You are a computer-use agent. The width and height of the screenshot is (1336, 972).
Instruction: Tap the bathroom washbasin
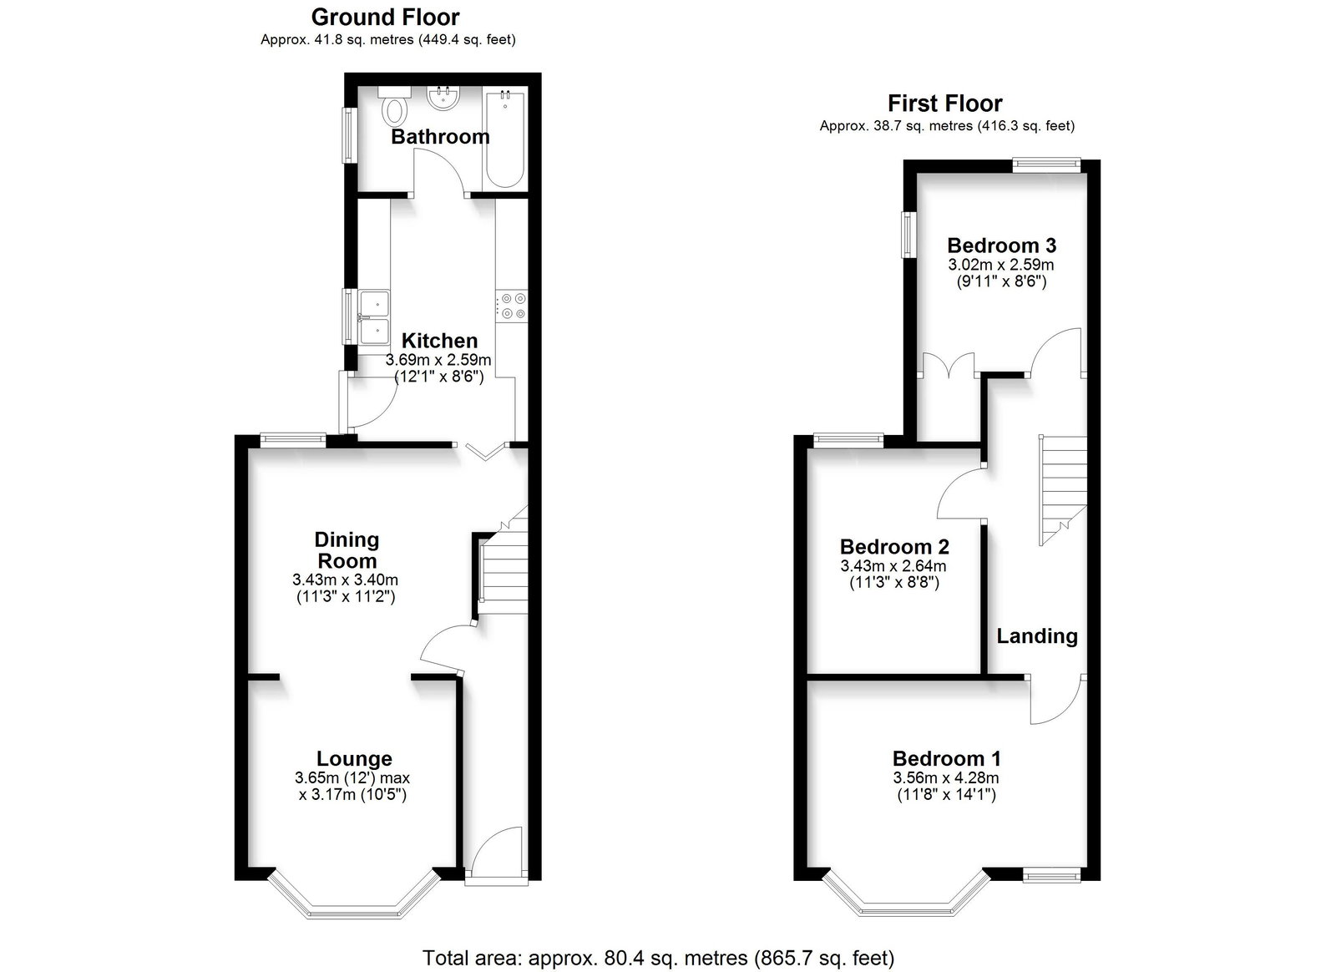[x=443, y=99]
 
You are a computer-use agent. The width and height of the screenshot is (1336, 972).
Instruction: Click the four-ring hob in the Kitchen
[x=513, y=306]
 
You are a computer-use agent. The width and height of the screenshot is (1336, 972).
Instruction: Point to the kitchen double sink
[x=374, y=317]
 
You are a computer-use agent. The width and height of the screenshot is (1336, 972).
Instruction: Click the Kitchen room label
[x=439, y=341]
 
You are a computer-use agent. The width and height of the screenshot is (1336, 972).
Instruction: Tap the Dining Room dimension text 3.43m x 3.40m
[x=346, y=580]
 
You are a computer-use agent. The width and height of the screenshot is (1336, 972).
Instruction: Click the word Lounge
[x=354, y=758]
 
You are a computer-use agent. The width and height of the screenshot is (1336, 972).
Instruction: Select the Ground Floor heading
[x=385, y=18]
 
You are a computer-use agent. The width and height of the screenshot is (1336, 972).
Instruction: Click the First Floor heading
[x=944, y=104]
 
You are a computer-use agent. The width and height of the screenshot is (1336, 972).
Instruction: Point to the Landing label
[x=1037, y=636]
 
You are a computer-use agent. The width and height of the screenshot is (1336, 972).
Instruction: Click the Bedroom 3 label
[x=1002, y=246]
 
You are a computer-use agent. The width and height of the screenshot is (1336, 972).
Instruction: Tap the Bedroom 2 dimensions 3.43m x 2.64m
[x=893, y=566]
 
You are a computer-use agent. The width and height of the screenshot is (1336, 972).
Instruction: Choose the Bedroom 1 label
[x=947, y=758]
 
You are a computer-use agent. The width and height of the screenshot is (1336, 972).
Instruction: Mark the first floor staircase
[x=1064, y=490]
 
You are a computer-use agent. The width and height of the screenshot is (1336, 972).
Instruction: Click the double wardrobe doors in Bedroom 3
[x=949, y=365]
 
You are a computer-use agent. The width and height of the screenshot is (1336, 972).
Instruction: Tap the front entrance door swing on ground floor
[x=498, y=852]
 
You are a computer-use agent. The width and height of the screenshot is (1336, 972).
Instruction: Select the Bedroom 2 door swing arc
[x=961, y=493]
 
